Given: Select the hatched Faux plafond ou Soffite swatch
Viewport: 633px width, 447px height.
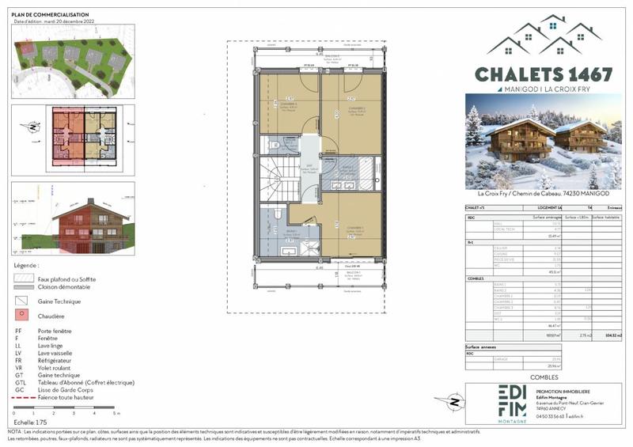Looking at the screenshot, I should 23,278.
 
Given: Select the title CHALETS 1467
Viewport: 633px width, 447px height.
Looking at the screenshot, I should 544,74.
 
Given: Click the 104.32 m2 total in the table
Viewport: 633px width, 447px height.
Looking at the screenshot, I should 611,335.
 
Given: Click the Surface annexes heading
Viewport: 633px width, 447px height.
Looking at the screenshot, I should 481,347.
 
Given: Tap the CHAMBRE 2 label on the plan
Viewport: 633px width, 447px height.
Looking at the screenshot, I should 356,108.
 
